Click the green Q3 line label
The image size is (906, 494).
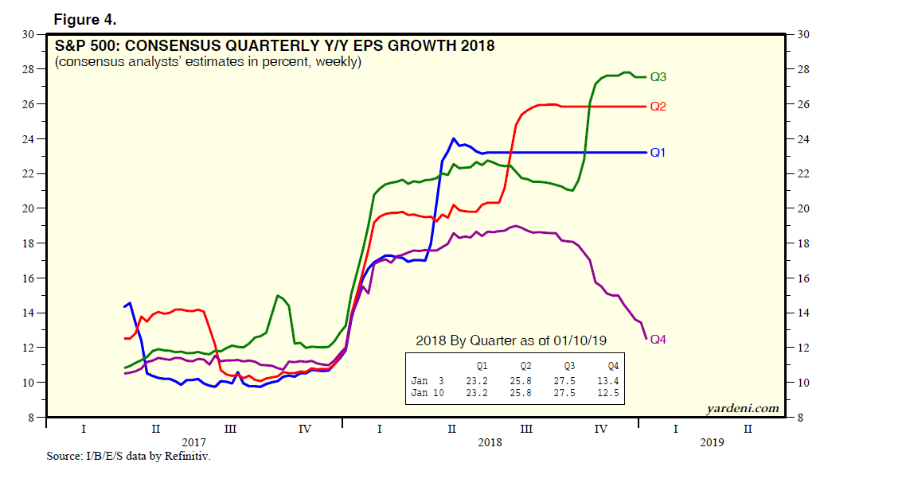tap(658, 77)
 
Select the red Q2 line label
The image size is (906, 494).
tap(658, 107)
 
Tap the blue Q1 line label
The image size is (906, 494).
tap(658, 152)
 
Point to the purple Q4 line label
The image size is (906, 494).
tap(658, 340)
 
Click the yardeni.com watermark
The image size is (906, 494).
tap(742, 408)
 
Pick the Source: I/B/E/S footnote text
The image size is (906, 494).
tap(129, 456)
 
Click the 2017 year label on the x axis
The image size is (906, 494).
tap(193, 442)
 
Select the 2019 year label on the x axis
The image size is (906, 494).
tap(712, 442)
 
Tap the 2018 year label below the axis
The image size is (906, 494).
tap(490, 442)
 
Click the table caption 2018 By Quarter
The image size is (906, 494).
tap(511, 340)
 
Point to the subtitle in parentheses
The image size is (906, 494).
tap(209, 61)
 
